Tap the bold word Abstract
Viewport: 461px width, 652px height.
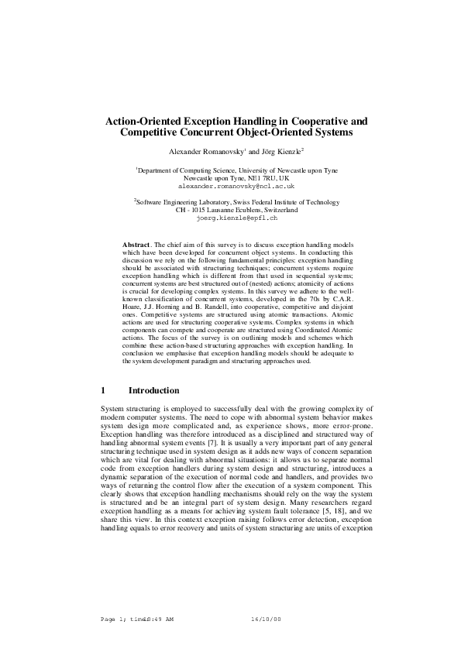click(x=136, y=245)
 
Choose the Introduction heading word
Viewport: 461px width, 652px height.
click(x=153, y=390)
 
